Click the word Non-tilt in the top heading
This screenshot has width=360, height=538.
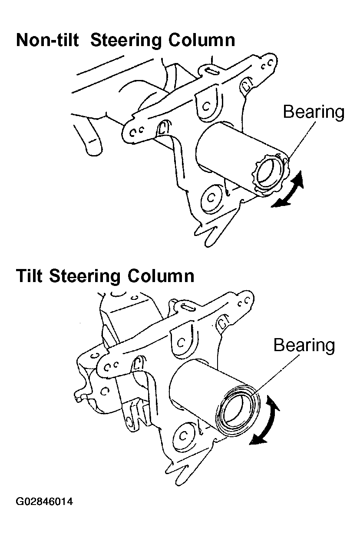47,40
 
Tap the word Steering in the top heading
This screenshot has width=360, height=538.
126,40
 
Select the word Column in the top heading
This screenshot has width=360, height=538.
201,40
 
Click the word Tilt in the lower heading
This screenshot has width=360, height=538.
29,276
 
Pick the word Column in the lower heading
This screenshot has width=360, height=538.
161,276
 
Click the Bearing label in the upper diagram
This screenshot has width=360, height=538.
314,113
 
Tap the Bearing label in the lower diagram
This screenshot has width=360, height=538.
304,346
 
